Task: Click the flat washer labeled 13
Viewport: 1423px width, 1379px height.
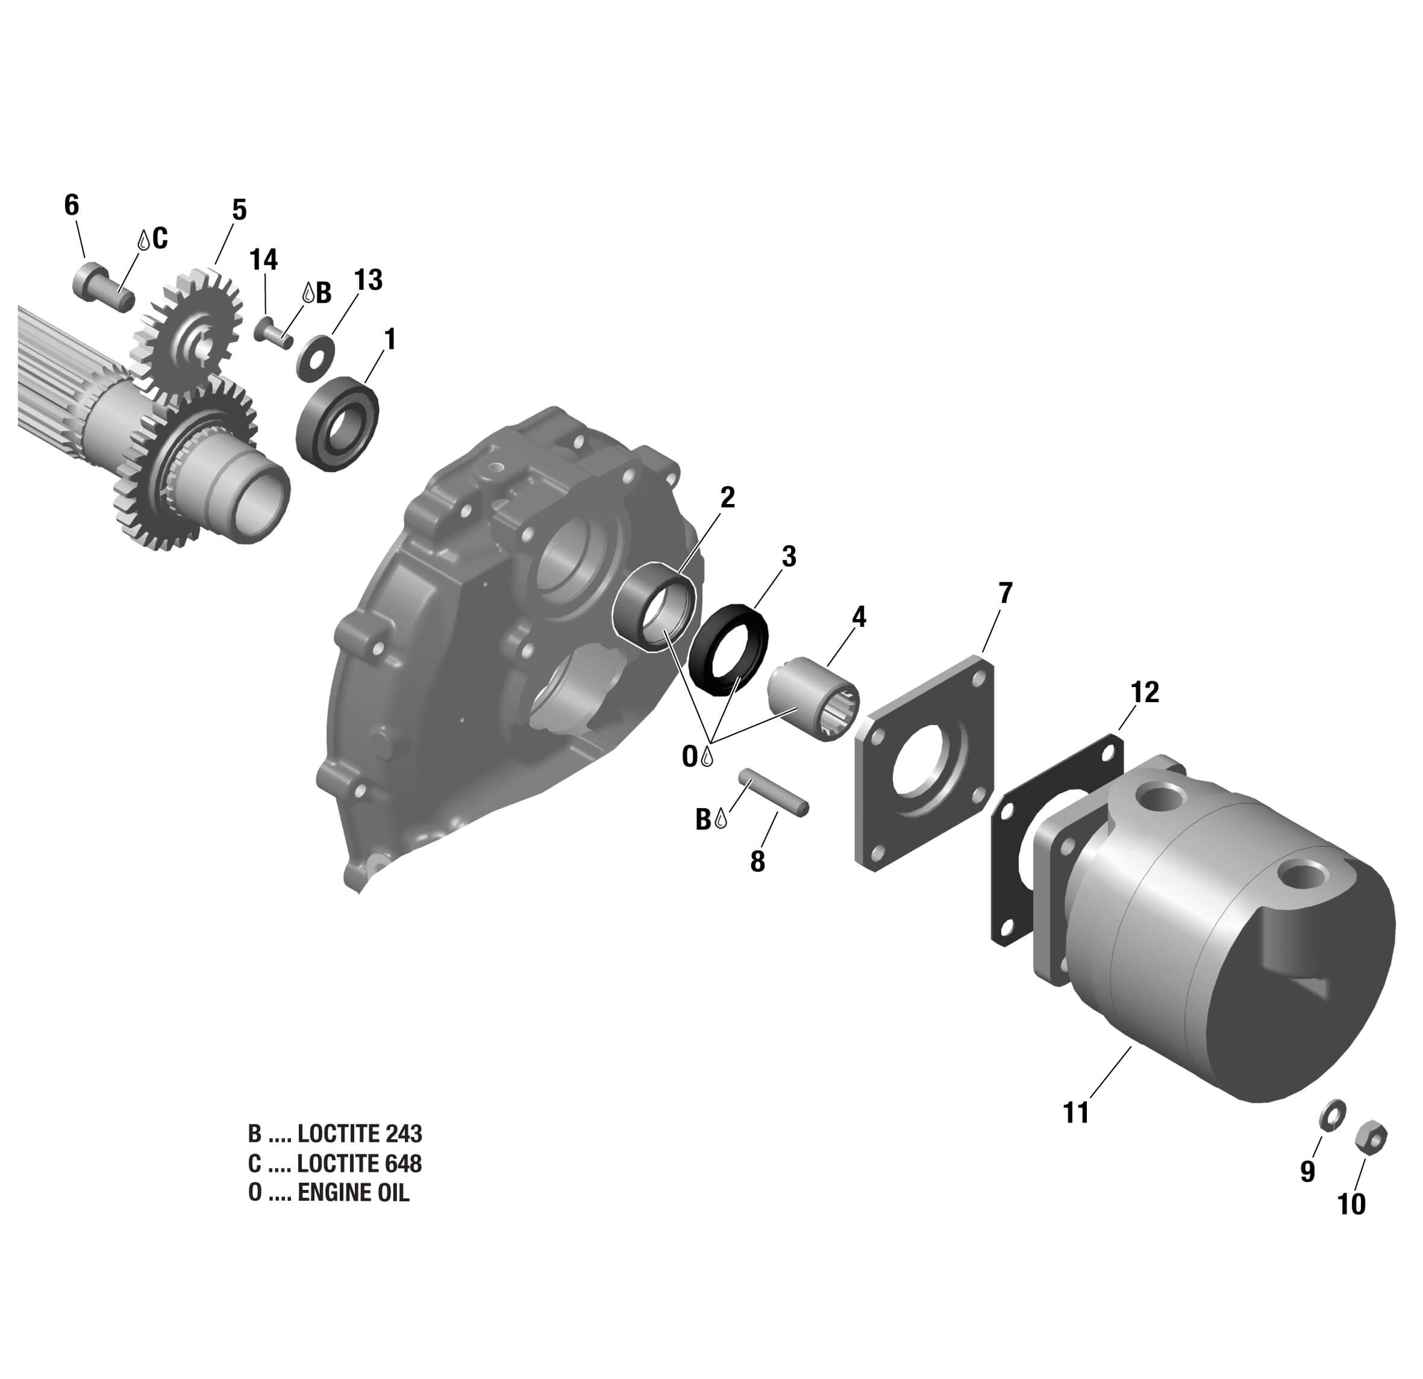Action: click(314, 356)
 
